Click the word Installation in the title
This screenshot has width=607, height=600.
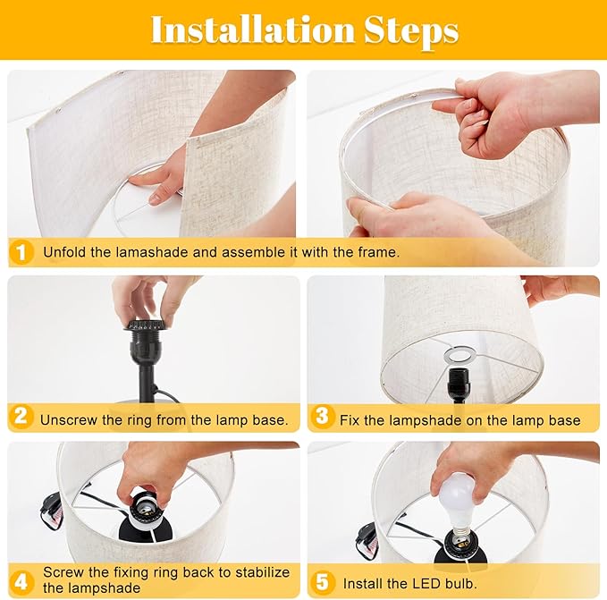coord(252,30)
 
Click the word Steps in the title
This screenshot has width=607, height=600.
coord(411,31)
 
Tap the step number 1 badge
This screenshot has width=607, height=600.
coord(21,252)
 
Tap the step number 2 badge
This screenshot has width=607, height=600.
coord(21,417)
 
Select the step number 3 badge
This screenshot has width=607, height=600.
coord(322,417)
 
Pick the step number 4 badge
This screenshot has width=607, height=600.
coord(21,582)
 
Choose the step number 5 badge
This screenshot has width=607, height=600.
coord(322,582)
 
